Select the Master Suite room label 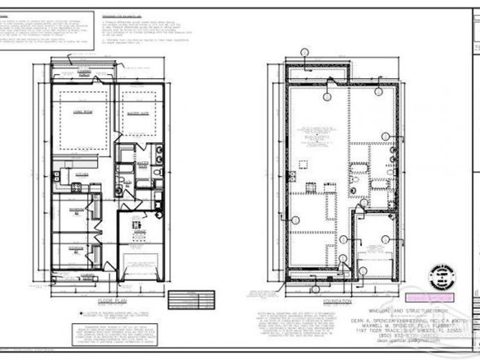click(x=137, y=113)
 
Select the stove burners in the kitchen click(x=76, y=187)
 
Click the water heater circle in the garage click(x=159, y=214)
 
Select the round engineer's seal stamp click(x=441, y=277)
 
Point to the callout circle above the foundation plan click(x=305, y=52)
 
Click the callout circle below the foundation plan click(x=315, y=290)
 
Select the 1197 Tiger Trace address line click(x=408, y=330)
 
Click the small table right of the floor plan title click(x=191, y=299)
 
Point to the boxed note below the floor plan click(x=109, y=334)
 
